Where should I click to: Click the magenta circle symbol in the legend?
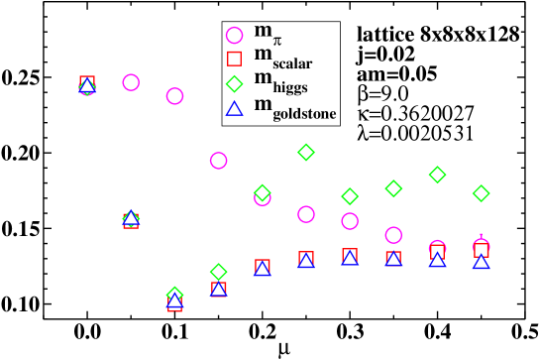235,36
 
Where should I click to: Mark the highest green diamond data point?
306,152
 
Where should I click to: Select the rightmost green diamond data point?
482,193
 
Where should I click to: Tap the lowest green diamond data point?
174,295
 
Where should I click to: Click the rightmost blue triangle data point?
482,262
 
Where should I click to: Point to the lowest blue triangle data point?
174,300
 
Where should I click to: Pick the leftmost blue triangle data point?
87,86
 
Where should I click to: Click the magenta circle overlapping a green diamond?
263,196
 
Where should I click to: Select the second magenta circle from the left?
131,82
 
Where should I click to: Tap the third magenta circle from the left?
174,96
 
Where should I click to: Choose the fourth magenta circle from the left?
219,161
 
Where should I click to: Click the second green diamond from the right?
438,175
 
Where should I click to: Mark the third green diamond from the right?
393,188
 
